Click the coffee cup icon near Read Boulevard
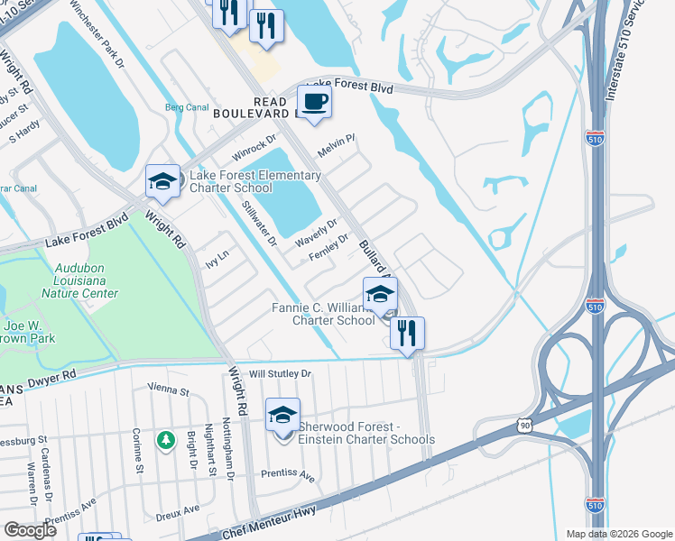coord(314,101)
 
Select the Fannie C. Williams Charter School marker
coord(380,294)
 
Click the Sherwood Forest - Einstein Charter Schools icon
coord(282,416)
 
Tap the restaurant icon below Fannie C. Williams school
coord(407,333)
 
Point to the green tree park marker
coord(164,440)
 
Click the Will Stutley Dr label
coord(280,373)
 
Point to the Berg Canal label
coord(187,107)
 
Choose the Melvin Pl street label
coord(337,143)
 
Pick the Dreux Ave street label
coord(178,510)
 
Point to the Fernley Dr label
coord(328,244)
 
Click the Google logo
coord(30,530)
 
